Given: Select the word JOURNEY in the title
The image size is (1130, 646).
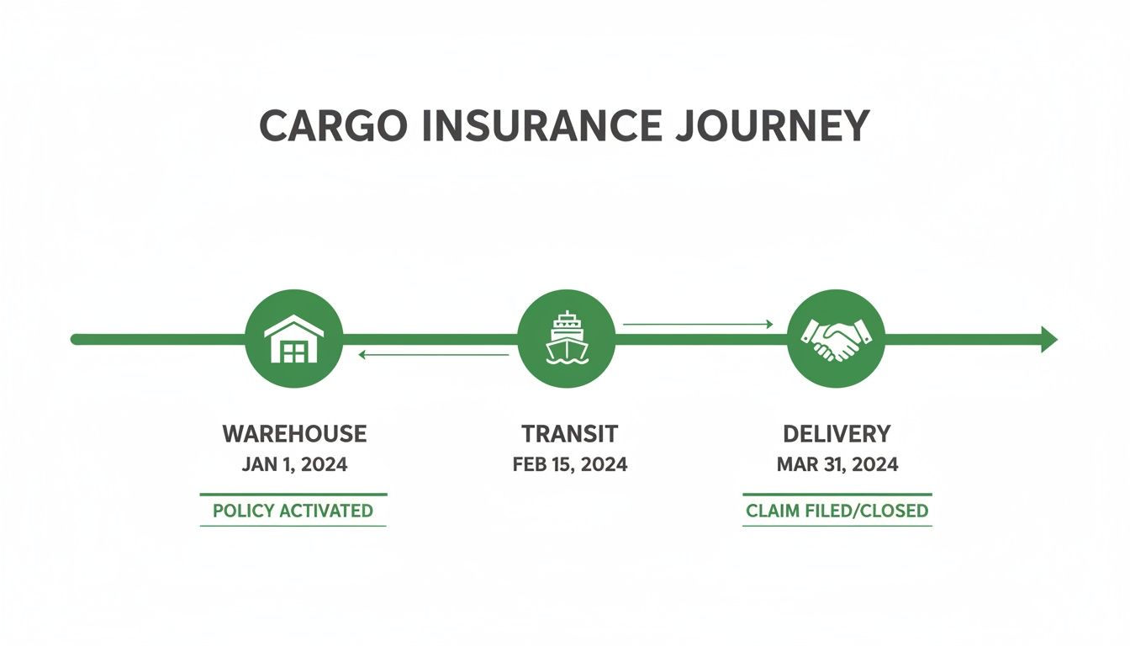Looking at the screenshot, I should (x=773, y=125).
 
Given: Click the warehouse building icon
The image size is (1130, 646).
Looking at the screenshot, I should (x=293, y=339).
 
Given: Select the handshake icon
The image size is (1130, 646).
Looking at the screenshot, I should (x=836, y=339).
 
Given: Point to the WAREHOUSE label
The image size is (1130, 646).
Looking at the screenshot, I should (x=294, y=434).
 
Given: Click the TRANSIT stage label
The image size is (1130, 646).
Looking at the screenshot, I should (x=569, y=434).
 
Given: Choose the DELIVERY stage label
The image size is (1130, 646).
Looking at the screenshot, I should (x=837, y=434).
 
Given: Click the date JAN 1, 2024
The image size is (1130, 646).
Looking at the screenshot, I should (x=294, y=464).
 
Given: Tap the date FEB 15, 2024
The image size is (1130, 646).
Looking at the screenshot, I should (x=569, y=464).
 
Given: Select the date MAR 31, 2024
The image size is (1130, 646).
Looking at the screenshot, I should (x=837, y=464).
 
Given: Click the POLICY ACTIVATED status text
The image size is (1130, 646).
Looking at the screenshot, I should (x=293, y=511).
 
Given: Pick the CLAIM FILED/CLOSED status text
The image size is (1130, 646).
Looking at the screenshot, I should (x=837, y=511).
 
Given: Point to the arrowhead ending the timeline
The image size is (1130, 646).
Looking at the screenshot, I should (x=1048, y=339).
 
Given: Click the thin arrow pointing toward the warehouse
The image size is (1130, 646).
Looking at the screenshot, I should (x=433, y=355).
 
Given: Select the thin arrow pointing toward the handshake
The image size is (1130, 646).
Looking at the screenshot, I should (x=697, y=324).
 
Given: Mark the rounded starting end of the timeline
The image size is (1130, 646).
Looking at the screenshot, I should (x=76, y=339).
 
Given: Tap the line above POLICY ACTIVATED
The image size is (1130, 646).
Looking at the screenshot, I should (x=293, y=495).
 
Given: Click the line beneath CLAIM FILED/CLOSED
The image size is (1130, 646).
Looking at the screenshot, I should (x=837, y=527).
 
